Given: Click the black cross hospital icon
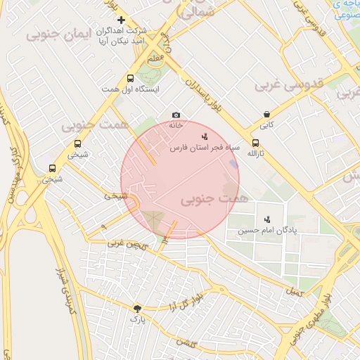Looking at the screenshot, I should (x=122, y=20).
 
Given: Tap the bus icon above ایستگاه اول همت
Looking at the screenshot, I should (x=130, y=79).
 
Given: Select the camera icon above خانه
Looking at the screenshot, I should (x=176, y=115).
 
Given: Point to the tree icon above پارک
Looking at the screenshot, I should (x=137, y=308).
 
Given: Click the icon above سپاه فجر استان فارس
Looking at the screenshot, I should (x=205, y=136).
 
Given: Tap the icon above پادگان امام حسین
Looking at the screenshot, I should (x=266, y=219).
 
